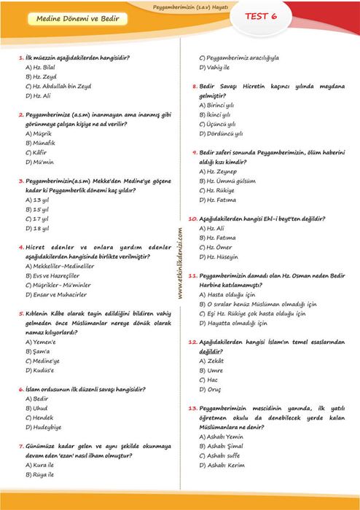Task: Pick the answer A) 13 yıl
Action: (x=37, y=200)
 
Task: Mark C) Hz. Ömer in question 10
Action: (x=216, y=247)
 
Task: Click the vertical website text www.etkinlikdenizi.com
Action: (x=180, y=262)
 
